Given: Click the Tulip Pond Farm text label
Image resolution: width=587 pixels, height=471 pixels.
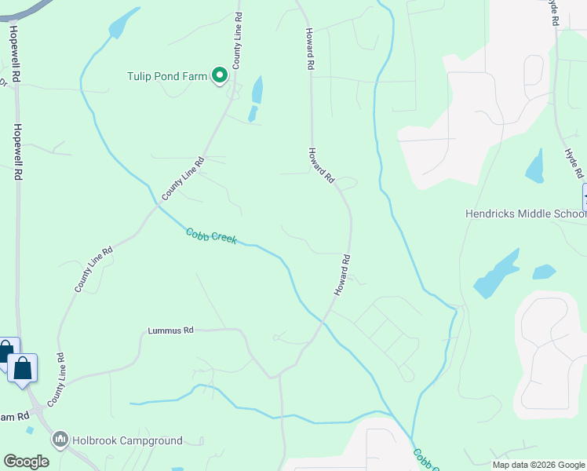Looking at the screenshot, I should pyautogui.click(x=166, y=76).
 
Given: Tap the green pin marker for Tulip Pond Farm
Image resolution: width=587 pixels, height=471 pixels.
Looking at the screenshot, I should pyautogui.click(x=220, y=75).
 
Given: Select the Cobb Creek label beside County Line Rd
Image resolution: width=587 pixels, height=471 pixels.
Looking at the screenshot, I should pyautogui.click(x=211, y=235).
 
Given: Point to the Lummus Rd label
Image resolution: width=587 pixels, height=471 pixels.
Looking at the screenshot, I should pyautogui.click(x=170, y=331).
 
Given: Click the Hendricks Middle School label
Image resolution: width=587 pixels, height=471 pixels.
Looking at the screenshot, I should pyautogui.click(x=525, y=214).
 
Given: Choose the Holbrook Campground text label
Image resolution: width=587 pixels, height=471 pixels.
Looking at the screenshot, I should pyautogui.click(x=127, y=441).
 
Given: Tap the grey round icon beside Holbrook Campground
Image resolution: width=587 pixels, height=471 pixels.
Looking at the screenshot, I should pyautogui.click(x=60, y=440).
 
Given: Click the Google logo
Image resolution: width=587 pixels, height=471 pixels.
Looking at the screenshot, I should pyautogui.click(x=26, y=462).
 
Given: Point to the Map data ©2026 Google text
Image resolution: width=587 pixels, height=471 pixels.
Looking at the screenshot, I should pyautogui.click(x=538, y=465).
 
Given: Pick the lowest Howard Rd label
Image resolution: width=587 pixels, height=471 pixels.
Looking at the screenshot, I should pyautogui.click(x=341, y=275).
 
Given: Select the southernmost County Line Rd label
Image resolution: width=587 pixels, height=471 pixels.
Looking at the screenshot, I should pyautogui.click(x=56, y=380).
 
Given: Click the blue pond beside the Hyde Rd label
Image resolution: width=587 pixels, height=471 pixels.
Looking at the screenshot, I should pyautogui.click(x=535, y=166).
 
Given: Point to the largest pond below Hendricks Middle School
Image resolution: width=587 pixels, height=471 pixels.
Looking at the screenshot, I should pyautogui.click(x=496, y=275).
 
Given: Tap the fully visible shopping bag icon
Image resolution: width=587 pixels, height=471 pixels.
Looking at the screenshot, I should pyautogui.click(x=23, y=367).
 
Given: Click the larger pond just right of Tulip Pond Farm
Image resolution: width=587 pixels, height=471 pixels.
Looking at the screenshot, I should pyautogui.click(x=257, y=91).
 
